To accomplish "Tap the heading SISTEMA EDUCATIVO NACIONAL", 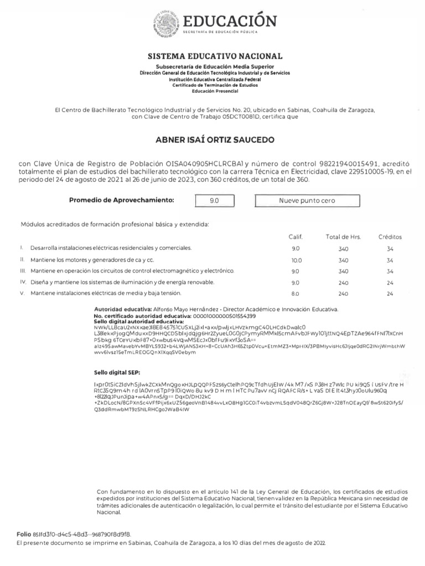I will coord(215,56).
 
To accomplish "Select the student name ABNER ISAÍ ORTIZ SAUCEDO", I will coord(215,140).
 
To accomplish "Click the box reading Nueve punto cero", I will coord(307,201).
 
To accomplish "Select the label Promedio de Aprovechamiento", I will coord(121,200).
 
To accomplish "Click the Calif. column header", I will coord(296,237).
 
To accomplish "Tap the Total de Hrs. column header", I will coord(343,237).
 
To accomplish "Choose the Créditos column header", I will coord(390,237).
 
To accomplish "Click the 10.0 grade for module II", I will coord(297,260).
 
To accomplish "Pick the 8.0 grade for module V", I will coord(296,294).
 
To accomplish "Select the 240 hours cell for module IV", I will coord(343,282).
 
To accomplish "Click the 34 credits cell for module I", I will coord(390,249).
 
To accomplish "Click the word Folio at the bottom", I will coord(23,534).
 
